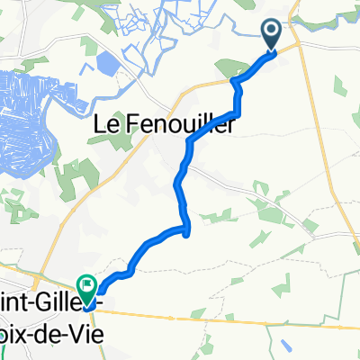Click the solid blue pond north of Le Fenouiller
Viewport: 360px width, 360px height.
[104, 63]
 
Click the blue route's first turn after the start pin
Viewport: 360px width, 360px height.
[237, 81]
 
